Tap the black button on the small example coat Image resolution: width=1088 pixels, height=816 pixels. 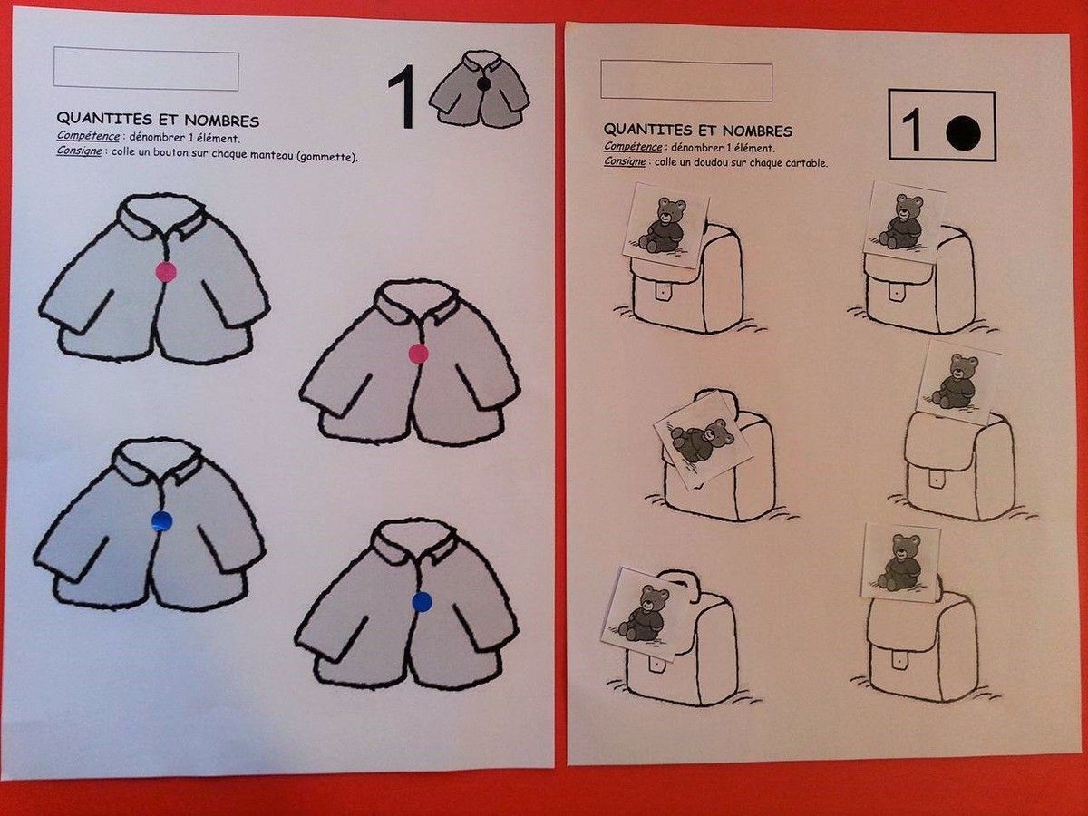pos(484,86)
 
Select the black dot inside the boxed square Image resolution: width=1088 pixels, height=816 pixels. pos(963,132)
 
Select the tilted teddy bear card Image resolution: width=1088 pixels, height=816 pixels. pos(703,440)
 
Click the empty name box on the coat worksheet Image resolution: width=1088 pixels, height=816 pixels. pos(146,69)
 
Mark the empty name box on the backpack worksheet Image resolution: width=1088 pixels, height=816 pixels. pos(686,81)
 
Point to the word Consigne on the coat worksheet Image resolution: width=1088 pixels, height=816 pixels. pos(79,151)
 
